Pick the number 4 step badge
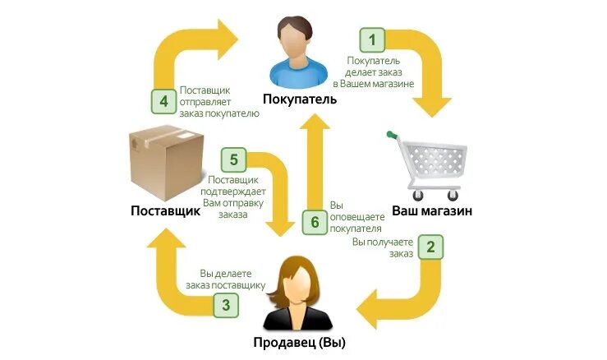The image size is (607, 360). pos(163,102)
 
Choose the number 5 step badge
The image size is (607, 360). pos(233,159)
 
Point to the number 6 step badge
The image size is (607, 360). pos(314,221)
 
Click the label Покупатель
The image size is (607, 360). pos(300,99)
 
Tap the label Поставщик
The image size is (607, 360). pos(165,210)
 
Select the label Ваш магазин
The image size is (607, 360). pos(431,210)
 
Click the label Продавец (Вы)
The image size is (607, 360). pos(299,342)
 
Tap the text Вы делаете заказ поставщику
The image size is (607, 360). pos(232,279)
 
